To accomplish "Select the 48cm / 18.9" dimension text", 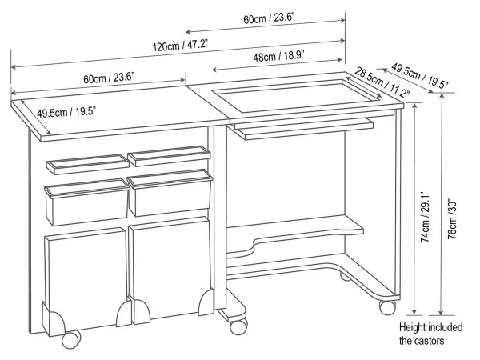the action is [x=278, y=56].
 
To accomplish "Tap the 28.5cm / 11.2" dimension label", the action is [x=382, y=82].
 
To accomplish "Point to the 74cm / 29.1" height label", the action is [x=426, y=218].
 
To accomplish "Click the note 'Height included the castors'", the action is [x=430, y=334].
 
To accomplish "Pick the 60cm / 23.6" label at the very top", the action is [x=269, y=18].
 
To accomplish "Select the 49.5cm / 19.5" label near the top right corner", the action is [x=420, y=76].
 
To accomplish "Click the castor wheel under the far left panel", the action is [x=71, y=339].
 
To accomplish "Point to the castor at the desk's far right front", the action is [x=387, y=307].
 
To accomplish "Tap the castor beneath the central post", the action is [x=238, y=326].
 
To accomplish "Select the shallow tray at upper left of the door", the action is [x=88, y=164].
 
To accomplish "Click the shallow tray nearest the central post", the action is [x=169, y=156].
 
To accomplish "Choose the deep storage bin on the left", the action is [x=87, y=202].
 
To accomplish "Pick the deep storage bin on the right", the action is [x=170, y=193].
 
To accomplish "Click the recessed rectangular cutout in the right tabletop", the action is [x=296, y=95].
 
